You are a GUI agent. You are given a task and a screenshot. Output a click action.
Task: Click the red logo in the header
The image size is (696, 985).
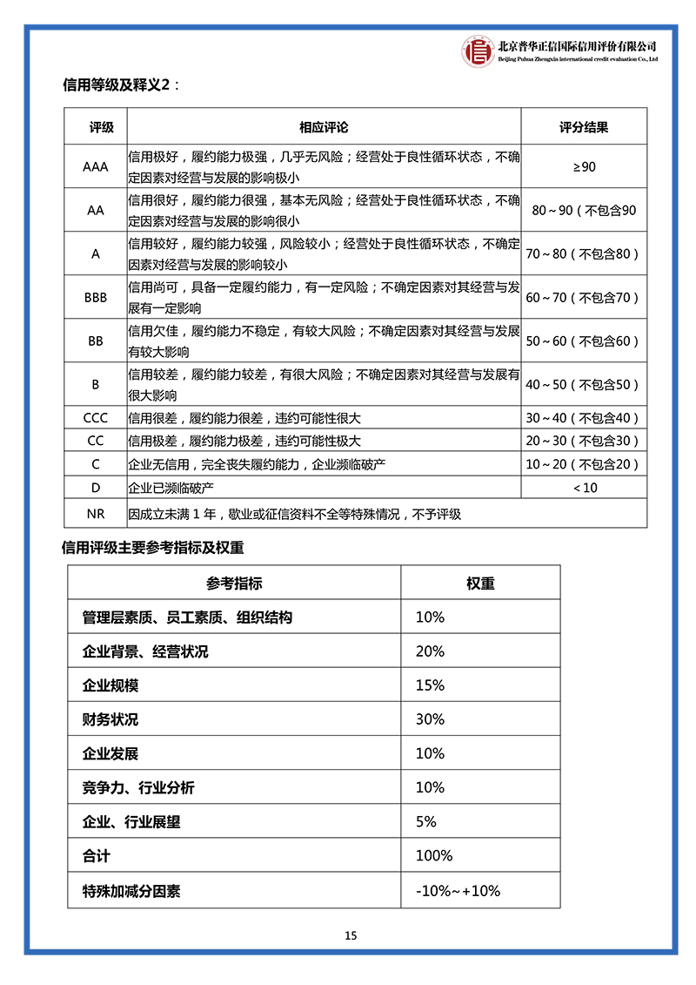pyautogui.click(x=477, y=51)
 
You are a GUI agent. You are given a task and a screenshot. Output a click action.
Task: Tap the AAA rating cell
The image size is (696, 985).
pyautogui.click(x=96, y=166)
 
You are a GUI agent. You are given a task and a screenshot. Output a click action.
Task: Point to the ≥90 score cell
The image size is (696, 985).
pyautogui.click(x=583, y=166)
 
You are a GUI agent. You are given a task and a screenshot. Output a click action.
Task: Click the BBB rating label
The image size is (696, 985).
pyautogui.click(x=96, y=297)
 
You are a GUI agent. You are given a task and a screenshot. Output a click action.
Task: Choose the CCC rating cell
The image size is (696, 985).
pyautogui.click(x=96, y=418)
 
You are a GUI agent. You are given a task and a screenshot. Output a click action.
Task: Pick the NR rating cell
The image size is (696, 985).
pyautogui.click(x=96, y=514)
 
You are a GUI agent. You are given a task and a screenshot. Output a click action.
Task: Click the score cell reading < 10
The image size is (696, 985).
pyautogui.click(x=585, y=488)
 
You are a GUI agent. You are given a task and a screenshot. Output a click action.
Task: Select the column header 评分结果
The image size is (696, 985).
pyautogui.click(x=583, y=127)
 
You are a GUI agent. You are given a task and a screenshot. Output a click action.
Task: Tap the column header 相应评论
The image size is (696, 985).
pyautogui.click(x=324, y=127)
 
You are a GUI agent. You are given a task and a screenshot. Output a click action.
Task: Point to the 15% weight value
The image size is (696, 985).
pyautogui.click(x=430, y=685)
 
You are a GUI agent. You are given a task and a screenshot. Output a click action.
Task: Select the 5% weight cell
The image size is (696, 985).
pyautogui.click(x=426, y=821)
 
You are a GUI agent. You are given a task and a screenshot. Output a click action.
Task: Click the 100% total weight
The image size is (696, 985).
pyautogui.click(x=434, y=856)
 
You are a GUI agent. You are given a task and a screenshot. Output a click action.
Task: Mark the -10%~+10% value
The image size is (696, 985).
pyautogui.click(x=458, y=891)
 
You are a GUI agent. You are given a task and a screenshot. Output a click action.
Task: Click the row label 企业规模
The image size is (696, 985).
pyautogui.click(x=110, y=685)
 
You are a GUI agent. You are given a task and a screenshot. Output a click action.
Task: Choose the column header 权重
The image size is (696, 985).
pyautogui.click(x=480, y=584)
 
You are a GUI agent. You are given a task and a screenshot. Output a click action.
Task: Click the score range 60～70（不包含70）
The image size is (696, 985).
pyautogui.click(x=583, y=297)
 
